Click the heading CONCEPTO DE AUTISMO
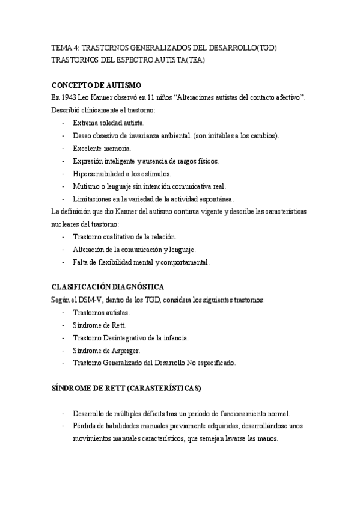pos(96,85)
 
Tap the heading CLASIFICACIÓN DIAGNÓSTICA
pos(108,287)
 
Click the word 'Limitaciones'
pos(91,198)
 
